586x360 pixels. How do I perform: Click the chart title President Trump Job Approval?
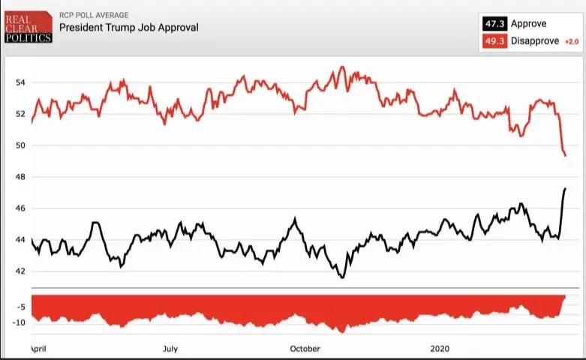pos(128,28)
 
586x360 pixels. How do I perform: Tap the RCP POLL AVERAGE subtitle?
pos(95,15)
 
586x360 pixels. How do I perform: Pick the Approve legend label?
pos(528,24)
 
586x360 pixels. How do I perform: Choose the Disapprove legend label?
pos(534,40)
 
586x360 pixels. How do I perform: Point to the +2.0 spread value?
pos(571,41)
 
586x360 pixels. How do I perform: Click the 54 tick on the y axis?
pos(20,82)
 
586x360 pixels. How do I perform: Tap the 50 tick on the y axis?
pos(20,145)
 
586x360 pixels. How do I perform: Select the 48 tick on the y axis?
pos(20,177)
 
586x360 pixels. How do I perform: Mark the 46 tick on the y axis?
pos(20,208)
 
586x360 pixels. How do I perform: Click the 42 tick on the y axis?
pos(20,271)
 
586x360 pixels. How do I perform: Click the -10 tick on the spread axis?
pos(18,322)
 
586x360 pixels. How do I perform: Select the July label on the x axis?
pos(170,349)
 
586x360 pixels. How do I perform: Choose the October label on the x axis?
pos(305,349)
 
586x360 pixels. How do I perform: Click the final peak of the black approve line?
pos(564,188)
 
